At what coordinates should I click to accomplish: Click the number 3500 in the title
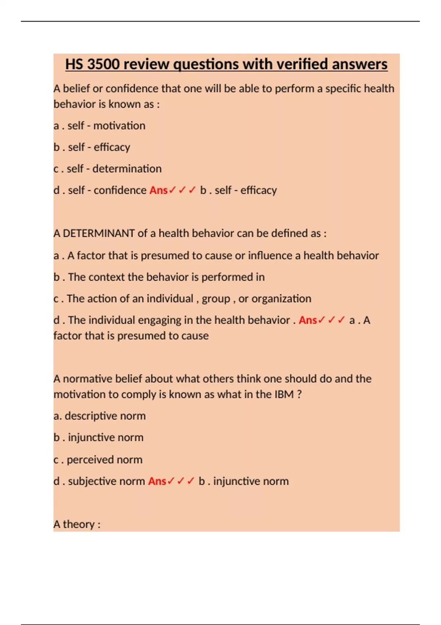point(103,64)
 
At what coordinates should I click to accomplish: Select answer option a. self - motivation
point(99,126)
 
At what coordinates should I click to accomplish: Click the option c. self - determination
point(107,169)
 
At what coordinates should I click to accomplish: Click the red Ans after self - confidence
point(158,190)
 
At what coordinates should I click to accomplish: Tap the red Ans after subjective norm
point(157,481)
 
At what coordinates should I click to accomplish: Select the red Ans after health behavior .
point(308,320)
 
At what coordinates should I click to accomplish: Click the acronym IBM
point(284,394)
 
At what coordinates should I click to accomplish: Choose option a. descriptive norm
point(99,416)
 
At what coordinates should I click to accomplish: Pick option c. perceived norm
point(98,460)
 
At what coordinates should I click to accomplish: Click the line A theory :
point(77,524)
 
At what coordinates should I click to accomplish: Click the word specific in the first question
point(340,89)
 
